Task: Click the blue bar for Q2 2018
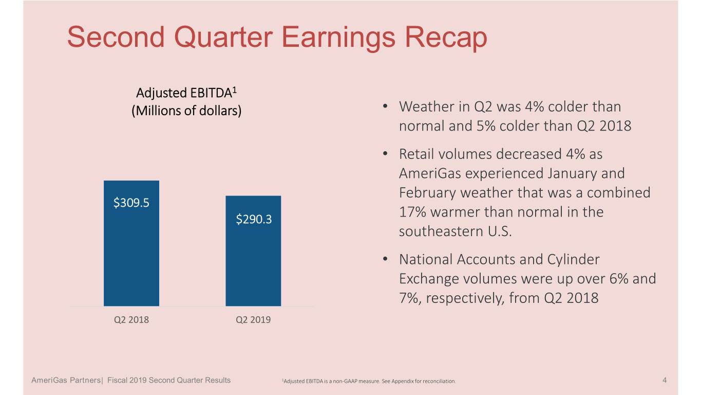[x=131, y=243]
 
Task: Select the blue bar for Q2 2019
[x=253, y=251]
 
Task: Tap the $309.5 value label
[x=131, y=203]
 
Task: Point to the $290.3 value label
[x=254, y=219]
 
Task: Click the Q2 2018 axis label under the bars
[x=131, y=320]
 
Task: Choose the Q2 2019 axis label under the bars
[x=253, y=320]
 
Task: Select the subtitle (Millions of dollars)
[x=186, y=111]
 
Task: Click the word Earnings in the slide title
[x=338, y=38]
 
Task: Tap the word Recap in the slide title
[x=446, y=38]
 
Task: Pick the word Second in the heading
[x=116, y=37]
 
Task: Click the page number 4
[x=665, y=380]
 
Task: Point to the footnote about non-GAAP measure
[x=369, y=381]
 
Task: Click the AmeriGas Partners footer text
[x=66, y=380]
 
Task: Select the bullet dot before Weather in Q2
[x=385, y=106]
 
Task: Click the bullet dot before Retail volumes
[x=385, y=154]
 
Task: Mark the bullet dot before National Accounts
[x=385, y=259]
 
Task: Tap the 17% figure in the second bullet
[x=412, y=212]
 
